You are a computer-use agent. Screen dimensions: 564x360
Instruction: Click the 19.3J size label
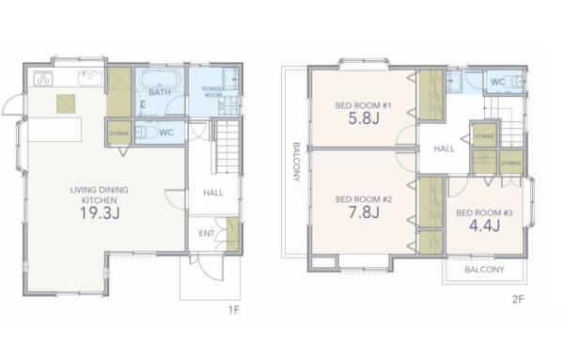pyautogui.click(x=100, y=213)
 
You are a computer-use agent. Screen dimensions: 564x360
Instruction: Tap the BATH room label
pyautogui.click(x=160, y=92)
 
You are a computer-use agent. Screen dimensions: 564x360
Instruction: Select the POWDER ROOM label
pyautogui.click(x=213, y=92)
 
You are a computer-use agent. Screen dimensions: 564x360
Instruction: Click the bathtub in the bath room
pyautogui.click(x=160, y=79)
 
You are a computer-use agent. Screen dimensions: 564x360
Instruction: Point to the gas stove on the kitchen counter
pyautogui.click(x=43, y=78)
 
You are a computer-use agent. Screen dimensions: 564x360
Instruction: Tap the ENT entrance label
pyautogui.click(x=207, y=234)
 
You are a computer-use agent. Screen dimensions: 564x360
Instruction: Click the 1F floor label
pyautogui.click(x=234, y=309)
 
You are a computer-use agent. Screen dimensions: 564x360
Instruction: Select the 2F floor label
pyautogui.click(x=518, y=299)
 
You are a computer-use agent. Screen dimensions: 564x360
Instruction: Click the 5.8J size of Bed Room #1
pyautogui.click(x=364, y=117)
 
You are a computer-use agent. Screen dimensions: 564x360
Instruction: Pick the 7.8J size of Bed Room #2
pyautogui.click(x=364, y=212)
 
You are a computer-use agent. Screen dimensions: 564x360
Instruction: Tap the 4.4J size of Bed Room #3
pyautogui.click(x=484, y=226)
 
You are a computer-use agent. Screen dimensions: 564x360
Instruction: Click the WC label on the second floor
pyautogui.click(x=498, y=82)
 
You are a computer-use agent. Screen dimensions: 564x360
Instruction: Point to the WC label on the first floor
pyautogui.click(x=166, y=133)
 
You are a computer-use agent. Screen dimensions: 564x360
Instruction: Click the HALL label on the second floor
pyautogui.click(x=445, y=149)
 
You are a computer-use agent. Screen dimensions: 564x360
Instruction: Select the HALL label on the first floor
pyautogui.click(x=213, y=193)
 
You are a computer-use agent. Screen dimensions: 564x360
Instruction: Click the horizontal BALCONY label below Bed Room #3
pyautogui.click(x=484, y=270)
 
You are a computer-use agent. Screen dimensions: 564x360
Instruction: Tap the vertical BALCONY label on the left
pyautogui.click(x=296, y=162)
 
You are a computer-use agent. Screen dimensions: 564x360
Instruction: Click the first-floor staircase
pyautogui.click(x=227, y=147)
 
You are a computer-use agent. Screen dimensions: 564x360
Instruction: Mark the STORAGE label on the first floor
pyautogui.click(x=119, y=133)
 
